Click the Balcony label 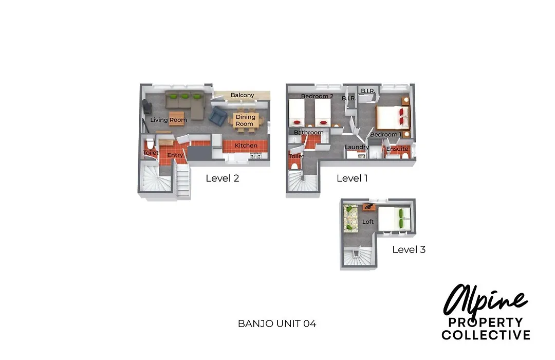click(243, 95)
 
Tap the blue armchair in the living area click(218, 116)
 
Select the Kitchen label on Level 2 click(246, 146)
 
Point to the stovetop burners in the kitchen click(255, 155)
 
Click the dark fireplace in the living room click(146, 106)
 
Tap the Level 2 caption click(223, 178)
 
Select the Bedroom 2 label click(317, 96)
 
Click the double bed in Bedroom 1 click(392, 117)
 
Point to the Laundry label click(357, 147)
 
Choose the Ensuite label click(397, 149)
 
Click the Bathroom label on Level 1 click(309, 133)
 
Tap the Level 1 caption click(352, 178)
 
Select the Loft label click(368, 222)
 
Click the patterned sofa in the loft click(351, 219)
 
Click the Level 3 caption click(409, 249)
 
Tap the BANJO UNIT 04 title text click(277, 323)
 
